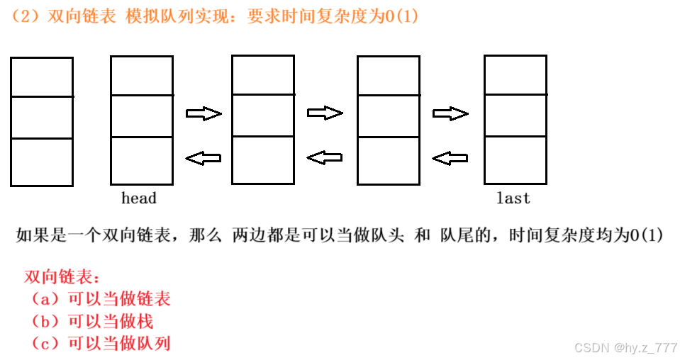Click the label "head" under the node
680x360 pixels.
click(138, 198)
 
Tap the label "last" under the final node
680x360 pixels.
click(513, 198)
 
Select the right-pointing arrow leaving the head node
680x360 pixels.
click(204, 113)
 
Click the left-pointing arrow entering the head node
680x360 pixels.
click(204, 157)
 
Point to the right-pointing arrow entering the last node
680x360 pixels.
click(450, 113)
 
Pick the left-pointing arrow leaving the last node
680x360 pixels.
click(450, 157)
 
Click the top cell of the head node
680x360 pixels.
click(142, 75)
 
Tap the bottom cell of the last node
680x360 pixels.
click(515, 160)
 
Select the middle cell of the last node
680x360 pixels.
click(515, 114)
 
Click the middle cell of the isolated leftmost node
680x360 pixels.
click(42, 117)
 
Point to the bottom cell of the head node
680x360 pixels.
click(142, 161)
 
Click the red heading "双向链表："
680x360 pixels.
click(62, 276)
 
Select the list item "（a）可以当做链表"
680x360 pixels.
click(99, 299)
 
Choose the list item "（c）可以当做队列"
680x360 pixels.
click(99, 344)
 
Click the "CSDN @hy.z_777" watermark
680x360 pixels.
click(625, 348)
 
